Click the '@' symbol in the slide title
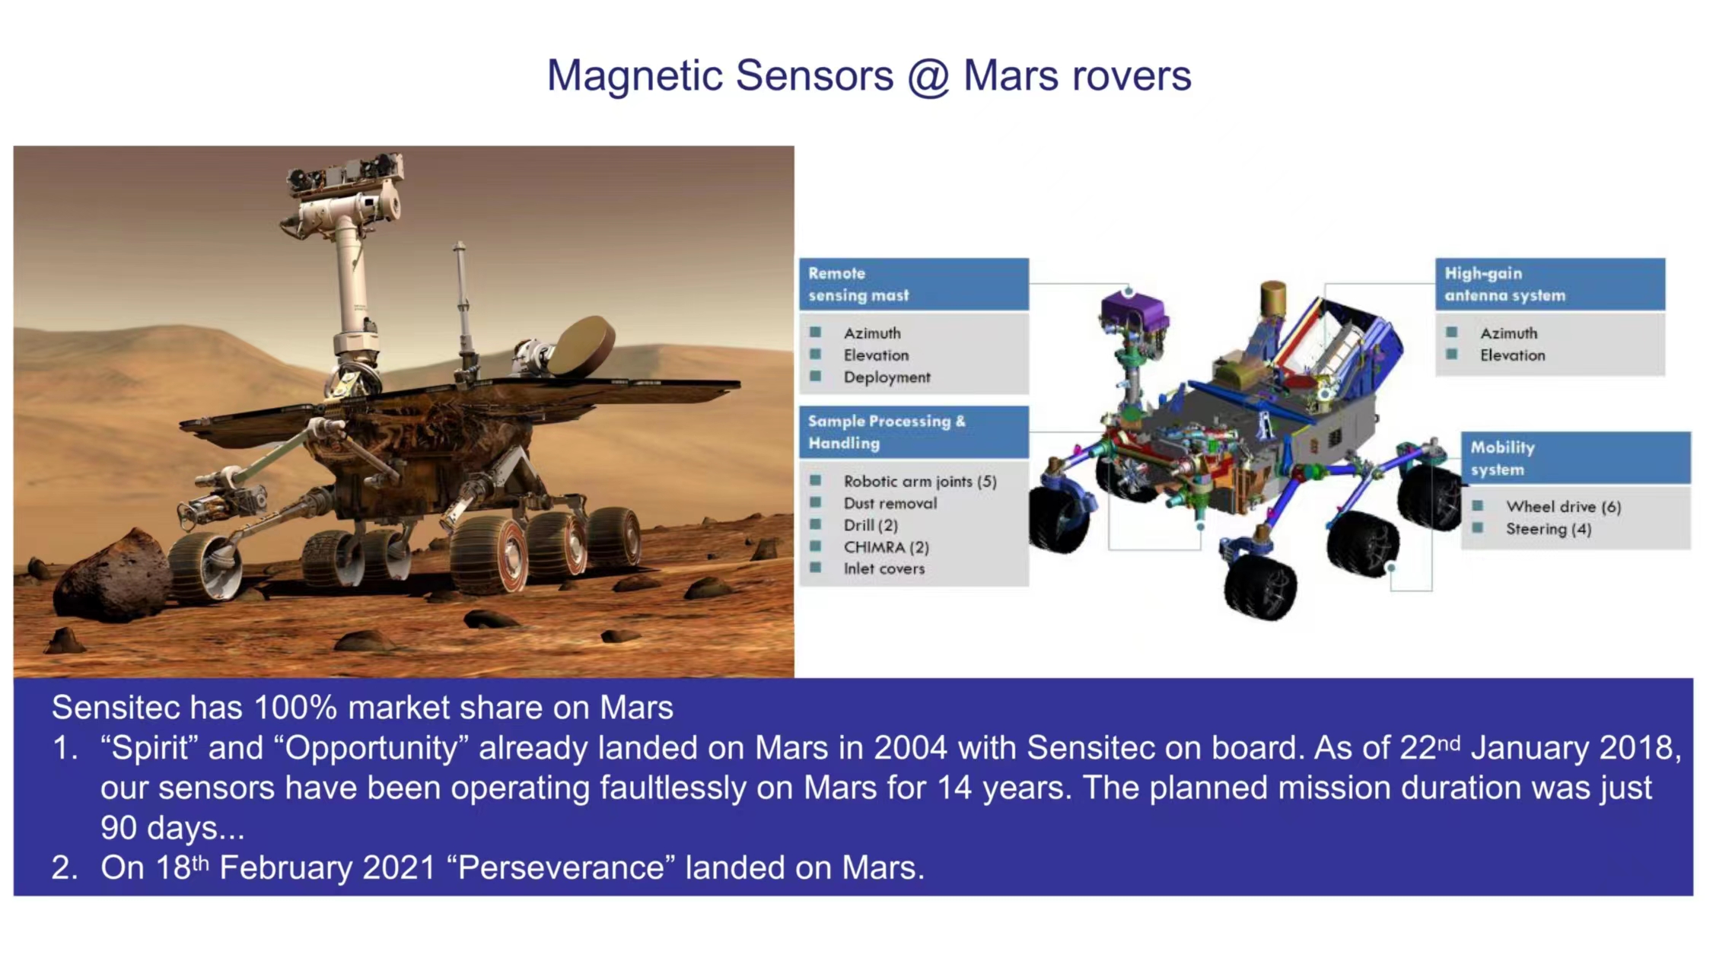click(x=928, y=76)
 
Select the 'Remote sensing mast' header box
click(x=914, y=284)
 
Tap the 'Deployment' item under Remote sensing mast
click(x=887, y=377)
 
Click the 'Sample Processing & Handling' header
click(x=914, y=432)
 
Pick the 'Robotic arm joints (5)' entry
click(x=920, y=482)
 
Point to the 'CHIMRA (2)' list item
click(x=886, y=547)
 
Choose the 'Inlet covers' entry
click(x=884, y=568)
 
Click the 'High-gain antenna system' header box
click(x=1550, y=284)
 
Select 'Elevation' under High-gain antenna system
click(x=1512, y=355)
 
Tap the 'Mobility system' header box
click(x=1576, y=458)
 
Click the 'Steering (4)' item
click(x=1549, y=529)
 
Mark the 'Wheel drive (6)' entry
click(x=1563, y=507)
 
